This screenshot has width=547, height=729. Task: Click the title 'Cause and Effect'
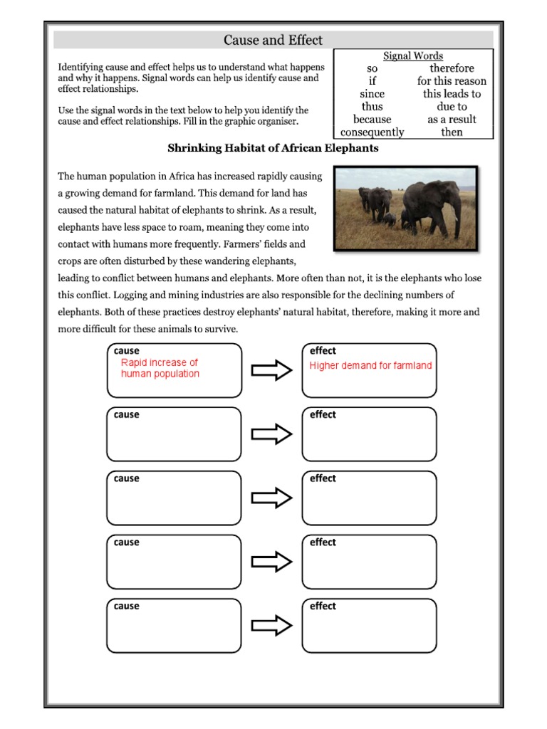tap(273, 41)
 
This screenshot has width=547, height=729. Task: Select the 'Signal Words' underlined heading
tap(413, 56)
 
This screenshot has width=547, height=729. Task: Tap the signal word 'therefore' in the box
tap(452, 68)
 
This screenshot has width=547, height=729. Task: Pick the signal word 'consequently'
tap(372, 132)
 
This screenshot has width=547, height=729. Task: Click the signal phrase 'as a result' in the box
tap(452, 120)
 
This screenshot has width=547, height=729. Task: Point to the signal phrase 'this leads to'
tap(452, 94)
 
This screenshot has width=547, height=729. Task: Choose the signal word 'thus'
tap(372, 107)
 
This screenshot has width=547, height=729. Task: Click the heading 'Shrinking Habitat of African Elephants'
tap(273, 149)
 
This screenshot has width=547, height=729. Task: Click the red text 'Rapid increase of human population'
tap(160, 368)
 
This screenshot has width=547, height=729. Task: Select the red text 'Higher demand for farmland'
tap(370, 366)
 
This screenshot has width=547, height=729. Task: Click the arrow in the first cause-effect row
tap(272, 370)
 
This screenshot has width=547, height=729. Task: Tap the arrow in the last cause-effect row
tap(272, 626)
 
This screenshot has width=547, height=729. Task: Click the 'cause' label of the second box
tap(127, 414)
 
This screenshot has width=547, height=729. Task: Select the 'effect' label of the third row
tap(323, 478)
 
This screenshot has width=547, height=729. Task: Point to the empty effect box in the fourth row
tap(369, 566)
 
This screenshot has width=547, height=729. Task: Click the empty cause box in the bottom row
tap(174, 630)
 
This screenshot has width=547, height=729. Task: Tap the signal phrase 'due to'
tap(452, 107)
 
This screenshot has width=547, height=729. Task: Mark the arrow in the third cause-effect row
tap(272, 498)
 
